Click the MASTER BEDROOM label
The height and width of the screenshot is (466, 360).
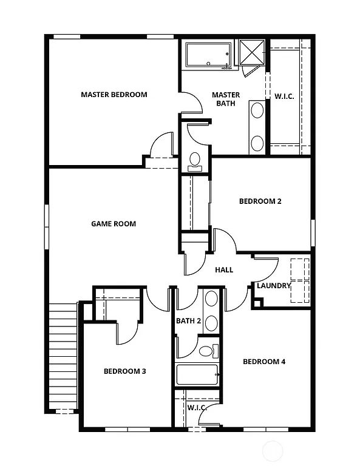[x=114, y=95]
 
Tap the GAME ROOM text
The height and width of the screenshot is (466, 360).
[x=114, y=224]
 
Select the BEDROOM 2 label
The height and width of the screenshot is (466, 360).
[x=260, y=201]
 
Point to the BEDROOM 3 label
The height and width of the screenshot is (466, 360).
[x=124, y=371]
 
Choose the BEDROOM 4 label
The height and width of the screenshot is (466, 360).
[x=264, y=362]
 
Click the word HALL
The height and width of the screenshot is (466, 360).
[x=224, y=270]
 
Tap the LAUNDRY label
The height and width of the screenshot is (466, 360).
[x=274, y=286]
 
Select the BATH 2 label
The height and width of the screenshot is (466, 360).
[x=188, y=321]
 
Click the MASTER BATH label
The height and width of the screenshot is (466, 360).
[x=225, y=99]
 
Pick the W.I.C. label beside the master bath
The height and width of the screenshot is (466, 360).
[x=284, y=96]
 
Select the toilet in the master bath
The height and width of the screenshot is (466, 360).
[x=195, y=160]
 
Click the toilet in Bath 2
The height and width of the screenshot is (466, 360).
[x=206, y=351]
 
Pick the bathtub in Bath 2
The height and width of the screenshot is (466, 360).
[x=197, y=374]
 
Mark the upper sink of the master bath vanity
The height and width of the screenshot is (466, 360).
[x=257, y=111]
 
